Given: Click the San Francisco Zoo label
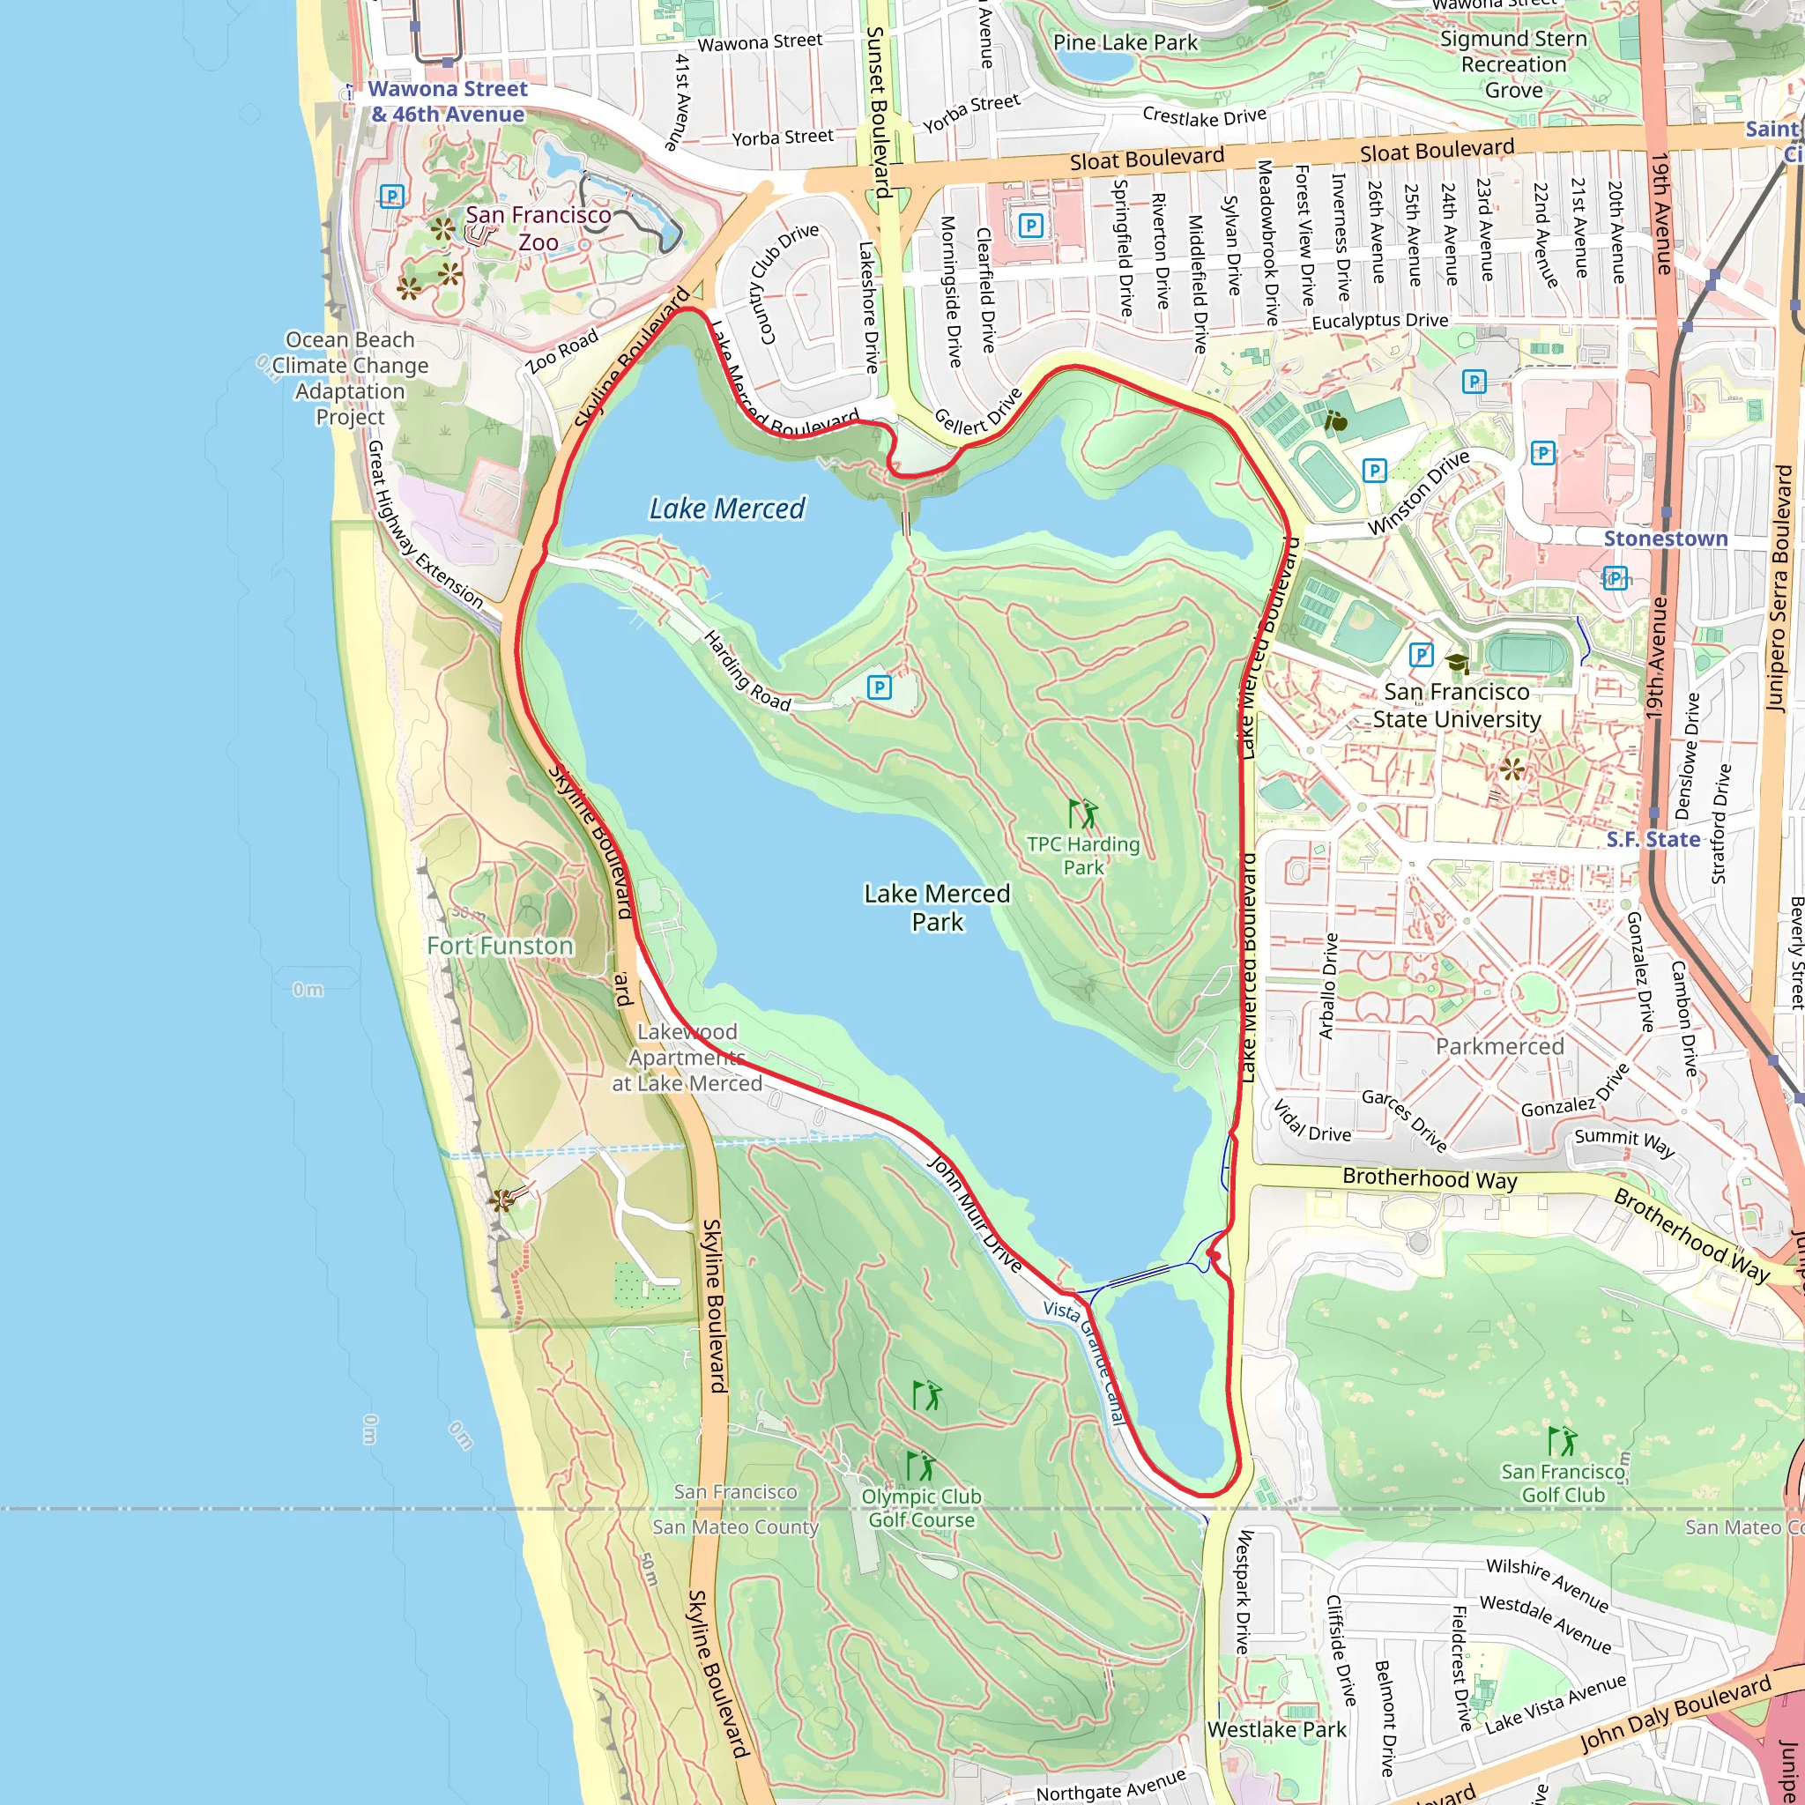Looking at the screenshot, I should pos(539,228).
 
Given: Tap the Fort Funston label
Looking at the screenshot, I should pos(500,947).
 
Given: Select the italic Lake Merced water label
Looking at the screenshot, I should pos(727,509).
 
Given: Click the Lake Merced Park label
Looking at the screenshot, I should pos(937,907).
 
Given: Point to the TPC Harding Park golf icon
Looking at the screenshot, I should pos(1084,813).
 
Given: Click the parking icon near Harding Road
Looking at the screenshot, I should pos(879,688).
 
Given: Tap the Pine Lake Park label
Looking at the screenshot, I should pos(1125,43).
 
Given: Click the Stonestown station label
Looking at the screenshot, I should pos(1666,539).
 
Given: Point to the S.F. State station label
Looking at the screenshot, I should pos(1653,839).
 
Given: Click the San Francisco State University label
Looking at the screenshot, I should pos(1457,705).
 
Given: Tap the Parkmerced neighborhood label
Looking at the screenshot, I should pos(1499,1046).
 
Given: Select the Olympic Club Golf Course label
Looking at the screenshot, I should pos(921,1508).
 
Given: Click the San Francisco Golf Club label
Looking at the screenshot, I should pos(1563,1482).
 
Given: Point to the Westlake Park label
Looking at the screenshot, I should pos(1276,1729).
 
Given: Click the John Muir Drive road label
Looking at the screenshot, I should pos(975,1213).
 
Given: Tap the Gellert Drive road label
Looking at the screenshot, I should pos(978,412).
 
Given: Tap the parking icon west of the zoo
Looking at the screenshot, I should pos(391,197).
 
